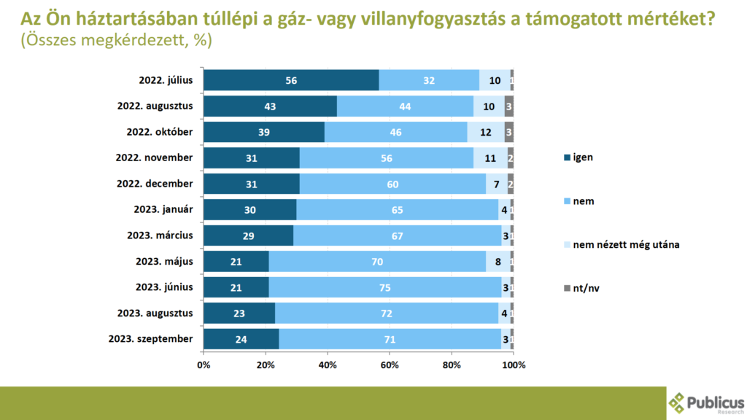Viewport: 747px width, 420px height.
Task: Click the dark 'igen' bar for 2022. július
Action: [x=291, y=80]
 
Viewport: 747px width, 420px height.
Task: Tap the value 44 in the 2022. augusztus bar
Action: [x=405, y=106]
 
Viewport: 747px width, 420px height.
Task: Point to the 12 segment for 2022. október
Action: [x=486, y=132]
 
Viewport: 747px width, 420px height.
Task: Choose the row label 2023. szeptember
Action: [x=150, y=339]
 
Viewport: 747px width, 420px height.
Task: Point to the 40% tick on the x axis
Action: [x=328, y=364]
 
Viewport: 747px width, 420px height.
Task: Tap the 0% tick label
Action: [x=204, y=364]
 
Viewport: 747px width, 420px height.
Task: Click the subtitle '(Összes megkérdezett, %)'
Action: [x=117, y=41]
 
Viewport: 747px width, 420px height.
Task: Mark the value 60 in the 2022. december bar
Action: [x=392, y=184]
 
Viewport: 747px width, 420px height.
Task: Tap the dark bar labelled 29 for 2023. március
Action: [x=248, y=236]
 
